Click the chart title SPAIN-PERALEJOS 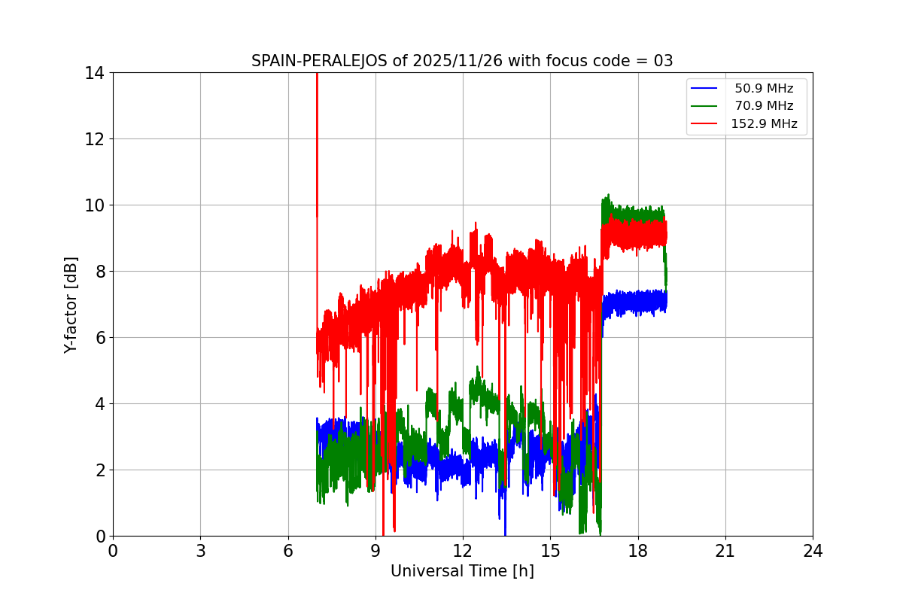(320, 61)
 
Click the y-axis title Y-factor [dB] (71, 305)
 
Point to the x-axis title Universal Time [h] (462, 571)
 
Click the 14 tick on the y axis (95, 73)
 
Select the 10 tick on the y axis (95, 205)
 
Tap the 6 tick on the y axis (99, 338)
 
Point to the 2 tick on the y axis (99, 470)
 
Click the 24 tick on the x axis (813, 551)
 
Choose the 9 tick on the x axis (375, 551)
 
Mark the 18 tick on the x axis (637, 551)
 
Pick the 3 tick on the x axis (200, 551)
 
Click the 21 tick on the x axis (725, 551)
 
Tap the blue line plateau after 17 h (636, 303)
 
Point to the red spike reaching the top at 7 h (317, 83)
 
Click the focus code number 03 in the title (663, 61)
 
